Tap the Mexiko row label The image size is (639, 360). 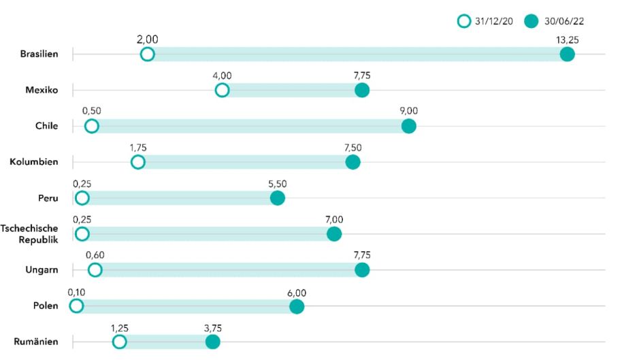(x=41, y=90)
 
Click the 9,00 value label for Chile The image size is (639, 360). (x=408, y=111)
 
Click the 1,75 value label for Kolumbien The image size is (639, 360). (x=137, y=147)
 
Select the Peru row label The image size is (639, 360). (x=48, y=198)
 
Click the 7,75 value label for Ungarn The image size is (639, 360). (x=362, y=255)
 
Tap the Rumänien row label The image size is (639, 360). (x=36, y=342)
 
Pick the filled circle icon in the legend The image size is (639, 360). (x=531, y=21)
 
